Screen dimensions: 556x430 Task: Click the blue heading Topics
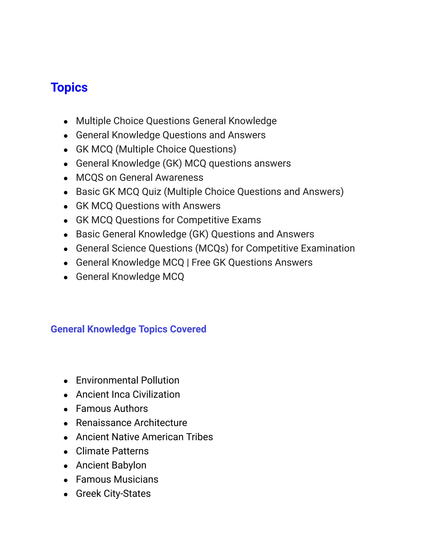click(69, 87)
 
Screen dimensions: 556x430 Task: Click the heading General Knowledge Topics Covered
click(128, 329)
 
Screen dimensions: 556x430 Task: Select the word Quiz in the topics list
click(151, 192)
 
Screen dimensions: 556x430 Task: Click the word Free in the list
click(201, 262)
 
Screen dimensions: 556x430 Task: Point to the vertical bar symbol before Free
click(188, 262)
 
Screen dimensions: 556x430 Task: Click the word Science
click(129, 248)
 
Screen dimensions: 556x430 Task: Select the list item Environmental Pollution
click(127, 380)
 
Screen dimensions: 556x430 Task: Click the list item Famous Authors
click(112, 409)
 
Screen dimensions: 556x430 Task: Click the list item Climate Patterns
click(112, 451)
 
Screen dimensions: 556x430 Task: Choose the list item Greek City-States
click(113, 494)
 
